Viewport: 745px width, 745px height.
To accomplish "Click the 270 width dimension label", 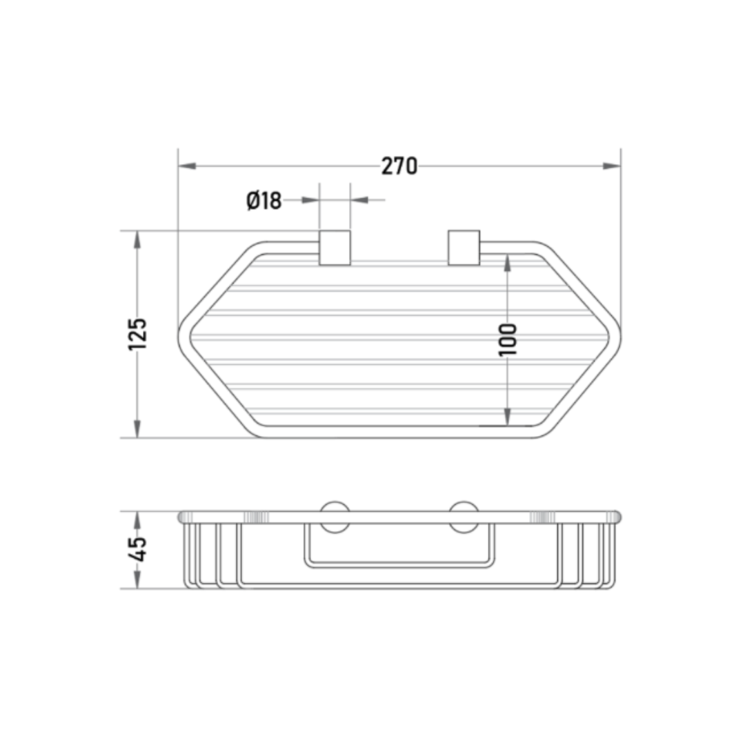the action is click(x=399, y=166).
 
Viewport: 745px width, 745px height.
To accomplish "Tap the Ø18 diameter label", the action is click(x=264, y=201).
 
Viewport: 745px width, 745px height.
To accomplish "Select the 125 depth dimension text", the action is click(x=137, y=334).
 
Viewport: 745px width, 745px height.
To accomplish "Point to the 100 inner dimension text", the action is click(x=508, y=339).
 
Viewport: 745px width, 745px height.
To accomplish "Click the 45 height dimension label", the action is click(x=137, y=550).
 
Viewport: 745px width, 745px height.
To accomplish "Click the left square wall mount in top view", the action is click(x=335, y=248).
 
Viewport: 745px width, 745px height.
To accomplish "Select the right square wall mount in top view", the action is click(x=464, y=248).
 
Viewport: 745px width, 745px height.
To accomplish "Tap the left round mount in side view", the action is click(x=335, y=517).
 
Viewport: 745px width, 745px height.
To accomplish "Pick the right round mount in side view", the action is click(x=464, y=517).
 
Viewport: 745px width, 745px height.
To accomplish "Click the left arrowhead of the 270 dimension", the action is click(x=187, y=166).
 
